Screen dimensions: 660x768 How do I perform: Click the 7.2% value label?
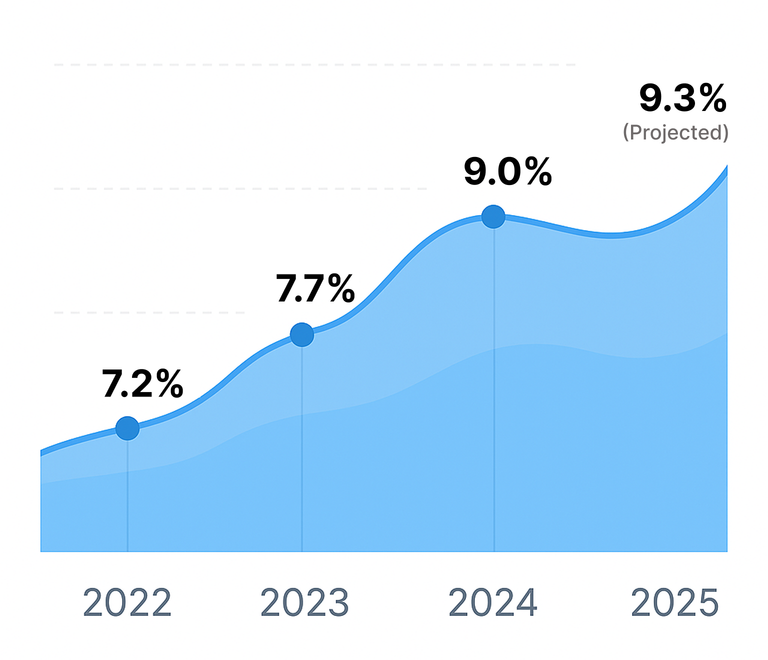click(x=142, y=384)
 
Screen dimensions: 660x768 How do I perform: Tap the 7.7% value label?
click(x=315, y=289)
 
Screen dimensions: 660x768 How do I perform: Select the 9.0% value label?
click(x=507, y=172)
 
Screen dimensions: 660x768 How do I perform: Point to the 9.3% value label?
click(x=682, y=98)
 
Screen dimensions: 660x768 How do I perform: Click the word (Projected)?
click(x=675, y=132)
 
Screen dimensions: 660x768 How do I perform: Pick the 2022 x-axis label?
click(x=127, y=602)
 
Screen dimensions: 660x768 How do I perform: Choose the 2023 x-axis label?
click(x=304, y=602)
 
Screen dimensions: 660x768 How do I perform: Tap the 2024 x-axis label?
click(x=492, y=602)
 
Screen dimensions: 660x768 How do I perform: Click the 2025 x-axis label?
click(x=674, y=602)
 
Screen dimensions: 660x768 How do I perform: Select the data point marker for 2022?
click(x=127, y=428)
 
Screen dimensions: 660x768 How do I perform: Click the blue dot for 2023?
click(x=302, y=334)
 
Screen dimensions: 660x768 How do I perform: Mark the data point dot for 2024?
click(x=493, y=216)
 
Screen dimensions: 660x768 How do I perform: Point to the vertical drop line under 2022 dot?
click(x=127, y=495)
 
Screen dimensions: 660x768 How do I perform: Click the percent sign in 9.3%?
click(x=712, y=98)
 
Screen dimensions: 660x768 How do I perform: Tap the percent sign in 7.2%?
click(x=169, y=384)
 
